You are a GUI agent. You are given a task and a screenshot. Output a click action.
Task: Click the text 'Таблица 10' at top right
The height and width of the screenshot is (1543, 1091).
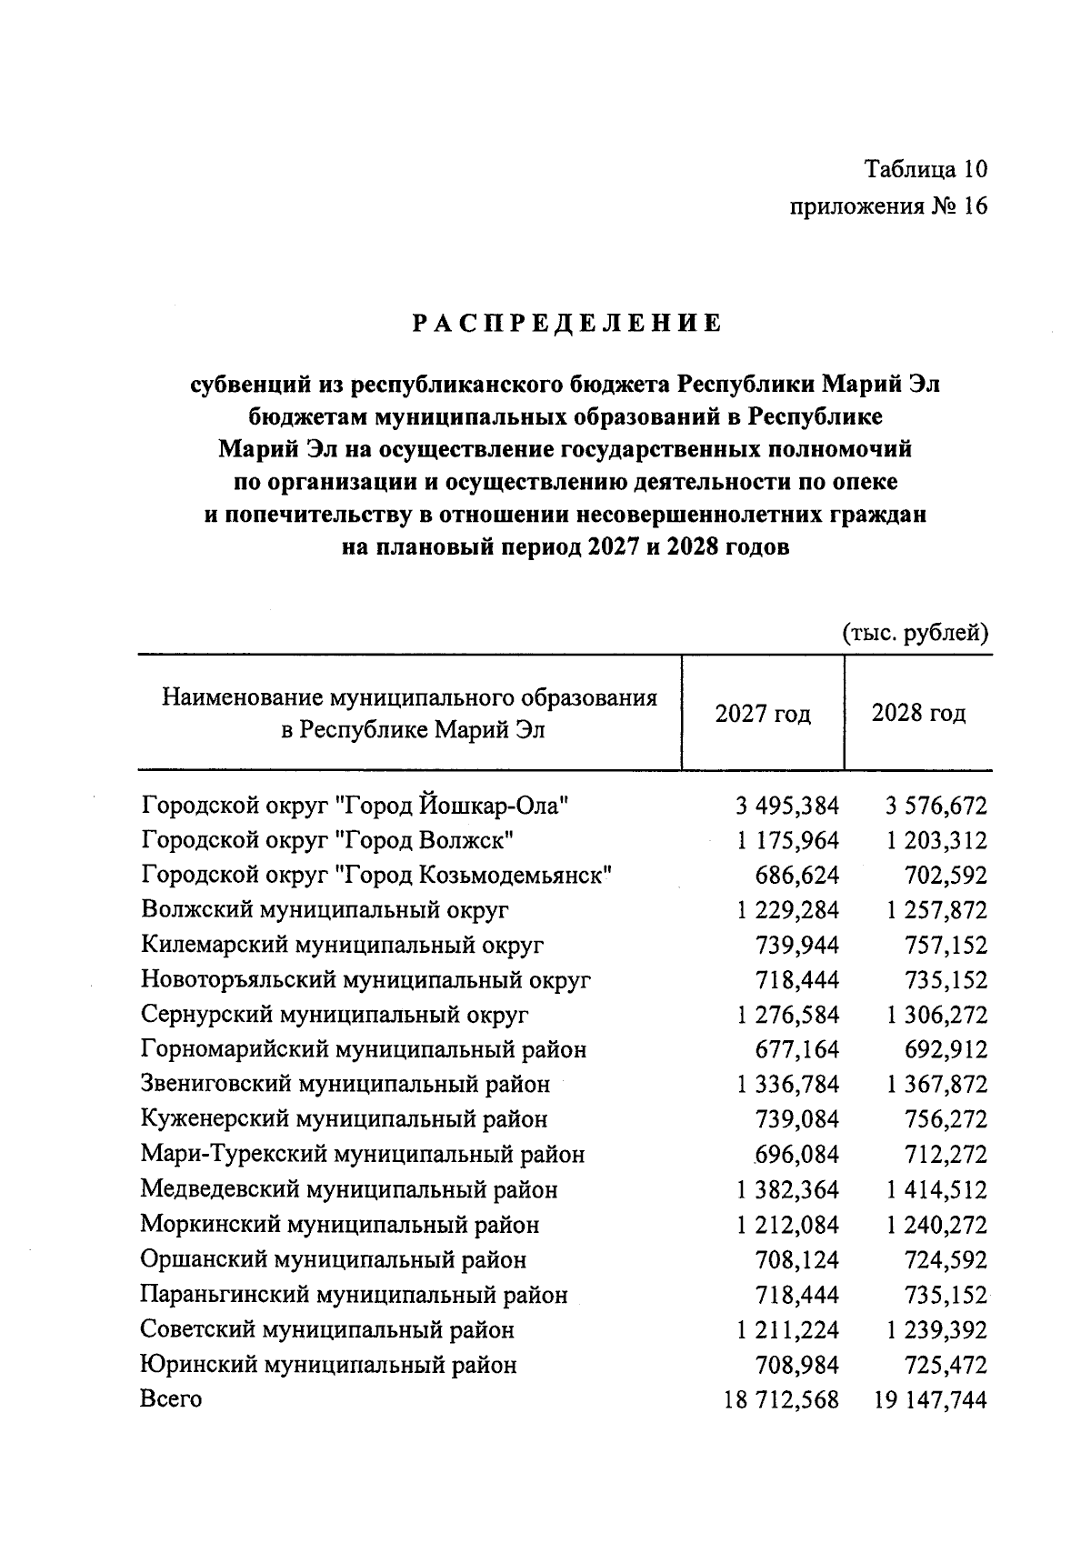pyautogui.click(x=925, y=170)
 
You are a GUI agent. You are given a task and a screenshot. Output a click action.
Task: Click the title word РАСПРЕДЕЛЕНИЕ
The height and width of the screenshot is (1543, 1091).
pyautogui.click(x=566, y=324)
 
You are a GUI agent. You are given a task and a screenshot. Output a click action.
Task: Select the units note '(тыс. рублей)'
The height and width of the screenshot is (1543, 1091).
pyautogui.click(x=915, y=633)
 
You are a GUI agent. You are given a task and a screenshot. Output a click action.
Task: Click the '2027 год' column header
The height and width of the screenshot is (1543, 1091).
pyautogui.click(x=763, y=713)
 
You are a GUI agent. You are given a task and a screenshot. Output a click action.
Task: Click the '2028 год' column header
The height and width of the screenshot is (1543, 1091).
pyautogui.click(x=918, y=713)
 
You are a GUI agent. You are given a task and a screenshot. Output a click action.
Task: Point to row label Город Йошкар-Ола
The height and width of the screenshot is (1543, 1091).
pyautogui.click(x=355, y=806)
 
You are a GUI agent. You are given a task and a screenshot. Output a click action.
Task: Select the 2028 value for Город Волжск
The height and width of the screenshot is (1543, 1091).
pyautogui.click(x=936, y=840)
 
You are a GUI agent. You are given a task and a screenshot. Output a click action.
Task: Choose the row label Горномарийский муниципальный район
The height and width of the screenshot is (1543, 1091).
pyautogui.click(x=364, y=1050)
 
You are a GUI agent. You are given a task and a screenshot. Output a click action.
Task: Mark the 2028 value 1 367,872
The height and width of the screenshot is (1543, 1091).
pyautogui.click(x=936, y=1085)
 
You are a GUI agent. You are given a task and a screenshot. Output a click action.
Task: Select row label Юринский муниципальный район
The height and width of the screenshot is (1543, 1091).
pyautogui.click(x=328, y=1365)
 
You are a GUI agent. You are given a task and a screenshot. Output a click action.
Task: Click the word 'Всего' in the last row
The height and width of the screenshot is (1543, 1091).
pyautogui.click(x=171, y=1399)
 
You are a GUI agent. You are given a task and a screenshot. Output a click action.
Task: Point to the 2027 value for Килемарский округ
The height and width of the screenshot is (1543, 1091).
pyautogui.click(x=797, y=946)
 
